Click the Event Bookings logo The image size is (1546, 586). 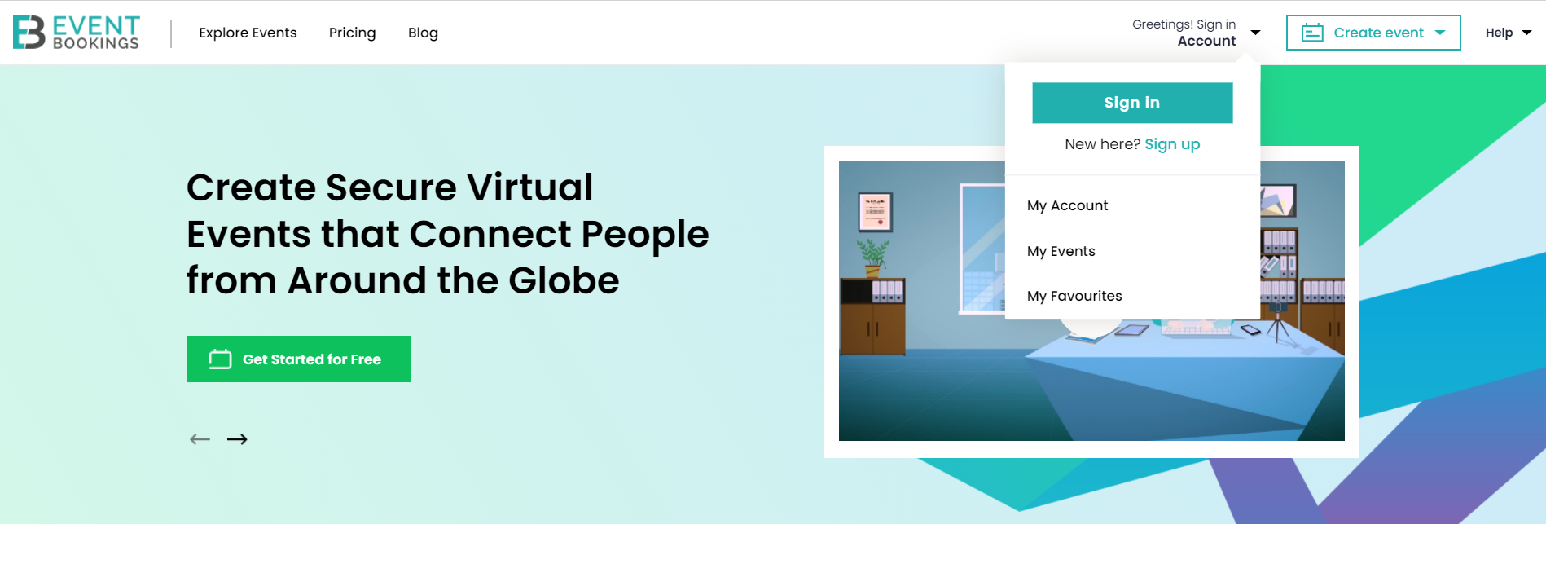(x=77, y=33)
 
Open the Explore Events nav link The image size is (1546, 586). (x=248, y=33)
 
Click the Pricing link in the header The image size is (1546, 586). (x=352, y=33)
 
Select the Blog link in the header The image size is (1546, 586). (x=423, y=33)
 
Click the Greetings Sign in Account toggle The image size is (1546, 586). (x=1196, y=33)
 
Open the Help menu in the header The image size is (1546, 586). (x=1508, y=33)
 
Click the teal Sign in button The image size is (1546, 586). (x=1132, y=103)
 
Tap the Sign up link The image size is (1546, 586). (x=1172, y=144)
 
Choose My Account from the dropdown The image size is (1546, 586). (x=1067, y=205)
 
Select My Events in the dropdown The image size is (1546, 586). (x=1061, y=251)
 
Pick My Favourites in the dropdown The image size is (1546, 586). (x=1074, y=296)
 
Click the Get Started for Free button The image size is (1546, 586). (x=298, y=359)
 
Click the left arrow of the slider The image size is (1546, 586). (x=200, y=439)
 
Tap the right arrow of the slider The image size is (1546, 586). (x=237, y=439)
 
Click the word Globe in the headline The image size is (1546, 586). (x=564, y=280)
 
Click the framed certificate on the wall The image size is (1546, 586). (x=876, y=212)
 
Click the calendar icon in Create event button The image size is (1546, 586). (x=1312, y=33)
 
